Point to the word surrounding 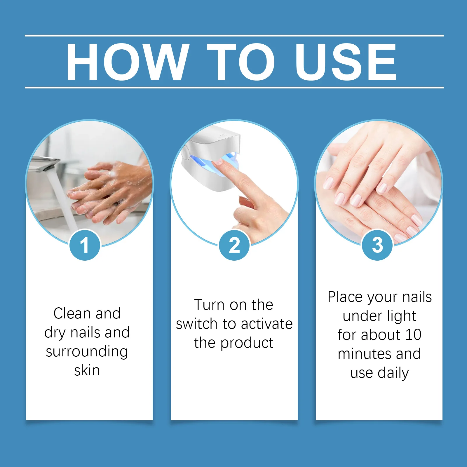[x=87, y=352]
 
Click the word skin [x=87, y=371]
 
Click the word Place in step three [x=345, y=297]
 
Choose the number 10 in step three [x=413, y=335]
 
